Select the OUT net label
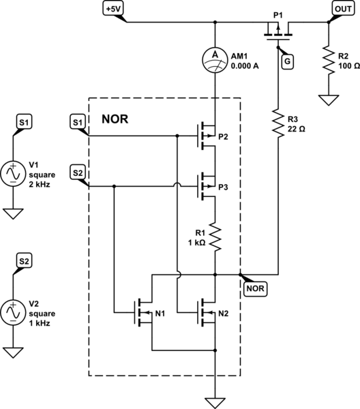[x=342, y=9]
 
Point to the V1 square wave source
[x=14, y=173]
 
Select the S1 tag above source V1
[x=25, y=122]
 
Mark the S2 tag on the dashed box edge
[x=78, y=172]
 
